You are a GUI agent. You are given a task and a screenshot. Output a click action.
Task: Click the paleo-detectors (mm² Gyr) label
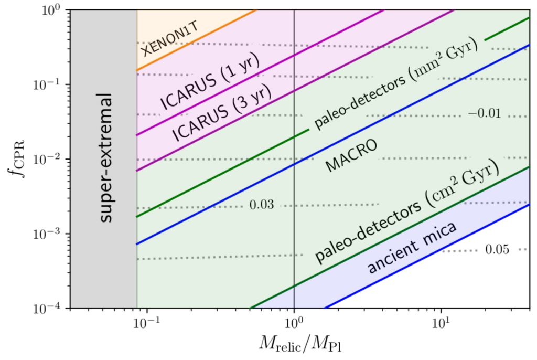pos(396,84)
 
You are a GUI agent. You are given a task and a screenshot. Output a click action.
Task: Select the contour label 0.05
pos(497,250)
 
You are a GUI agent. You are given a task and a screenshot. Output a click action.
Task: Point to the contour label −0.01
pos(484,113)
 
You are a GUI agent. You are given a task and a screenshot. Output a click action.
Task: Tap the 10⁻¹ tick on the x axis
pos(147,321)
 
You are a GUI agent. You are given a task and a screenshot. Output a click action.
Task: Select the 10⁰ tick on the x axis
pos(294,321)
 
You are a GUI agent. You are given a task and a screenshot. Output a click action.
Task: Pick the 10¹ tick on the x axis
pos(441,321)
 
